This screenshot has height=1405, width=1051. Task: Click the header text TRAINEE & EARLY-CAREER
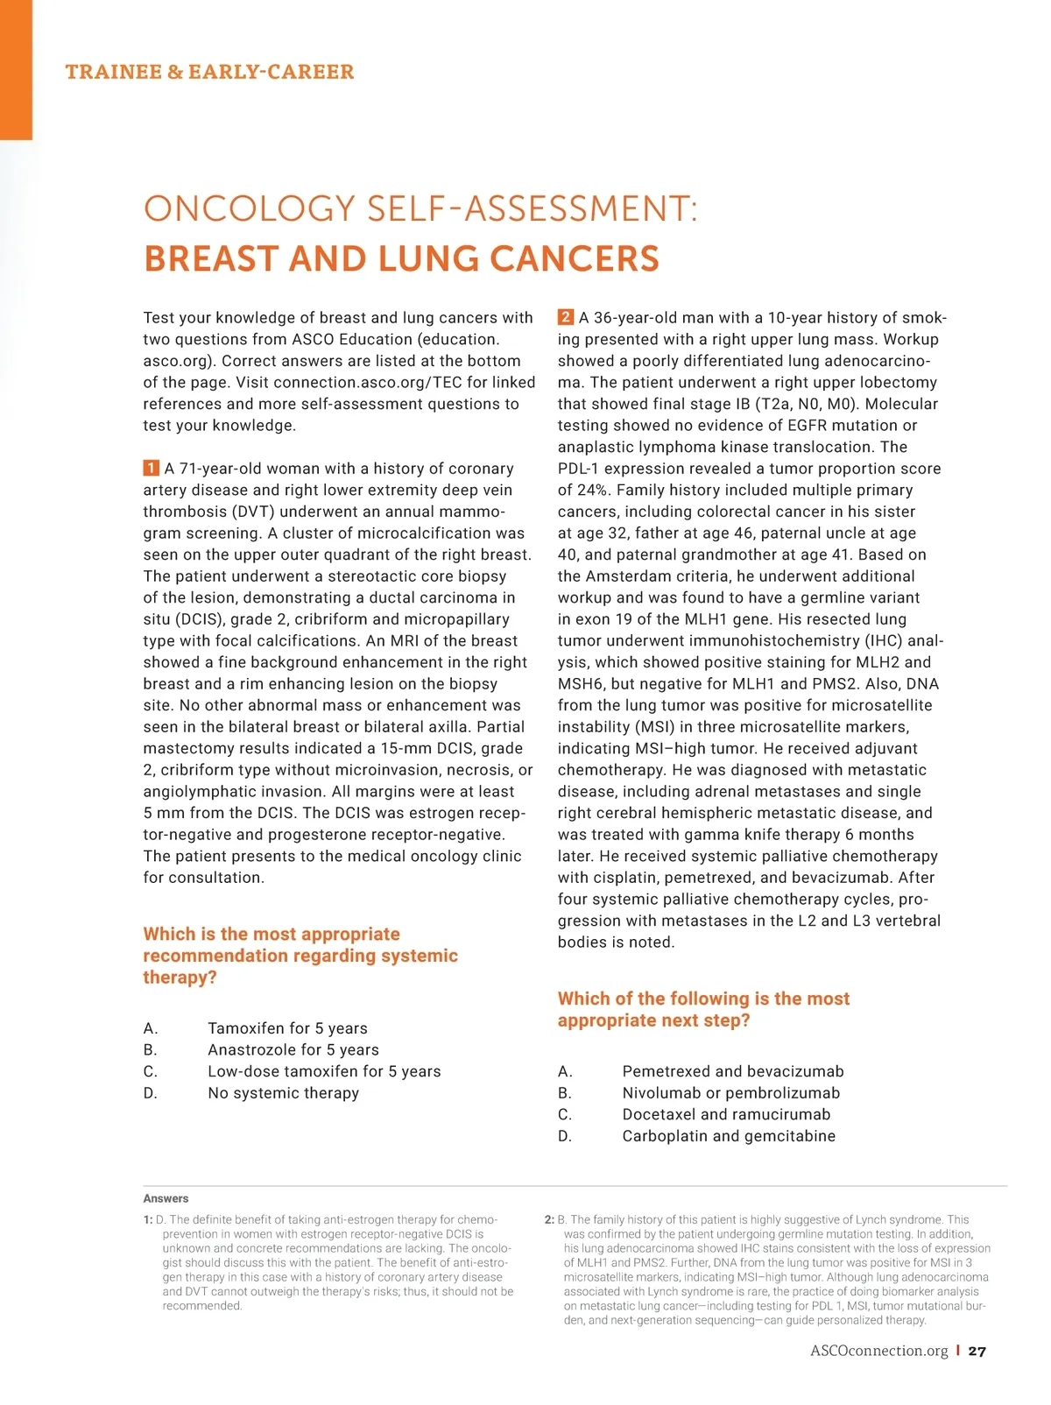point(209,72)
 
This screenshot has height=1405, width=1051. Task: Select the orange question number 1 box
point(151,468)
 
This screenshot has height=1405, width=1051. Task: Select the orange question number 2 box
point(566,317)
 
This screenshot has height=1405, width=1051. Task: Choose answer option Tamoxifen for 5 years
point(287,1028)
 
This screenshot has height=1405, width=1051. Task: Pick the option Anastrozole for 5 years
point(293,1049)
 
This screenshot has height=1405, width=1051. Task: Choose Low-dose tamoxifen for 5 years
point(324,1071)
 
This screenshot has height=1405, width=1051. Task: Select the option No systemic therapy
point(283,1093)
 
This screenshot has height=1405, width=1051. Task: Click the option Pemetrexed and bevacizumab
point(732,1071)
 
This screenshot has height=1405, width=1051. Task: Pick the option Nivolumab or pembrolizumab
point(730,1093)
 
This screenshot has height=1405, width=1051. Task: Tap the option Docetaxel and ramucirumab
point(726,1114)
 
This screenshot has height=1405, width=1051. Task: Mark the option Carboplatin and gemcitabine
point(729,1136)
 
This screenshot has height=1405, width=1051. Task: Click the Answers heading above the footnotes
point(166,1198)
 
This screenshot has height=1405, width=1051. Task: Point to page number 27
point(977,1351)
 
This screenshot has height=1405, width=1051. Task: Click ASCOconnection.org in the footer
point(878,1351)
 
